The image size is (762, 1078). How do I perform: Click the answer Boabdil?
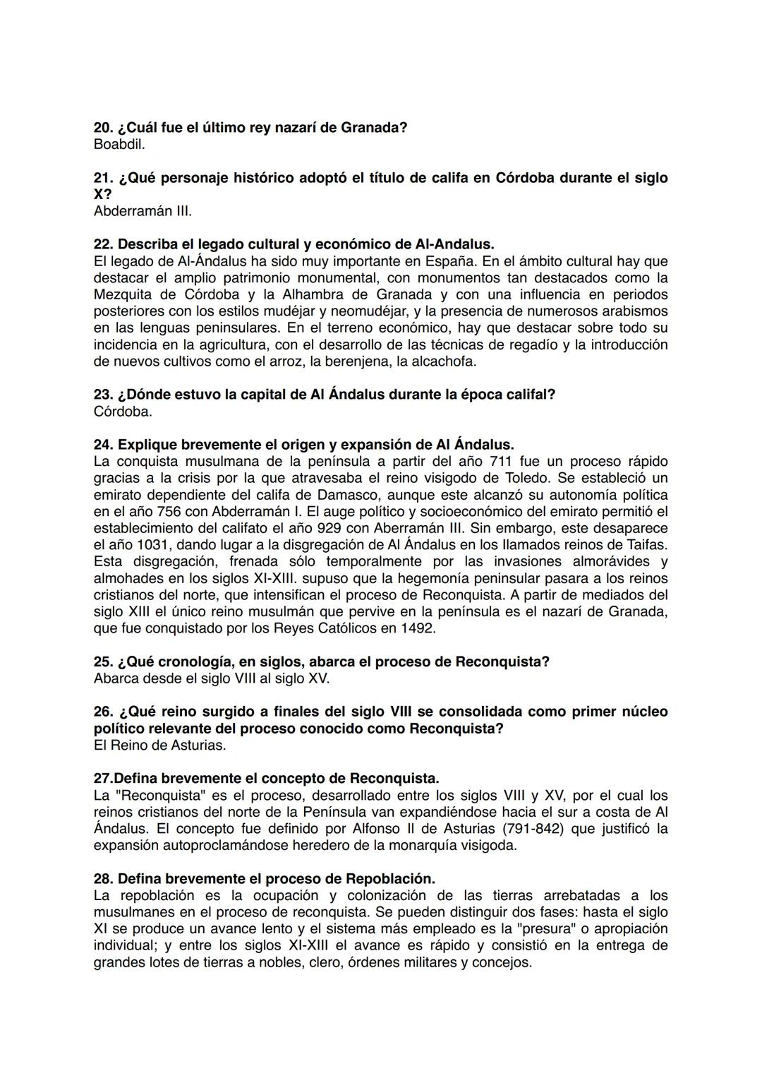(119, 145)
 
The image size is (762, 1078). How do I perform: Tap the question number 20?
(103, 128)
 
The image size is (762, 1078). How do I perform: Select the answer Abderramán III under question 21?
(143, 211)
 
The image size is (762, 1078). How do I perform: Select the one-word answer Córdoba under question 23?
(123, 412)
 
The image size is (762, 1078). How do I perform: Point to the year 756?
(164, 512)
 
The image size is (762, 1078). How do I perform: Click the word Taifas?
(645, 545)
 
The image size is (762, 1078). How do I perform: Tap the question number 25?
(103, 662)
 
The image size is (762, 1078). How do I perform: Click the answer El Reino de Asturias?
(159, 745)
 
